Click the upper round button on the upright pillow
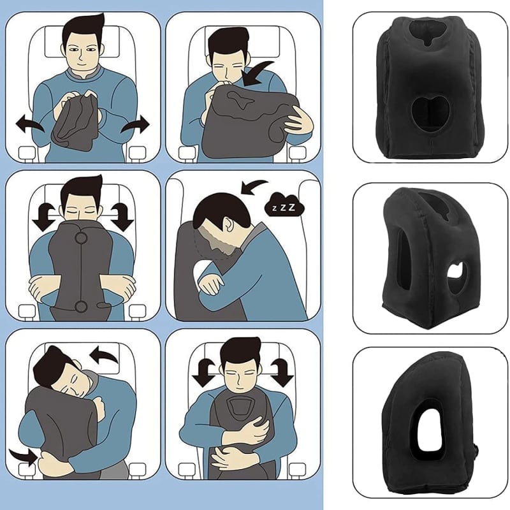pos(81,239)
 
